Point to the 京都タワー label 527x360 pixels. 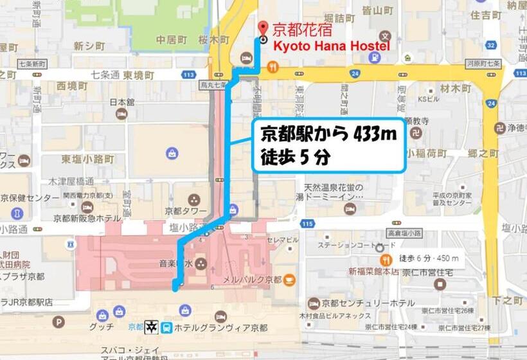tap(186, 211)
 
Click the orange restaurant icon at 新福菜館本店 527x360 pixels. tap(386, 260)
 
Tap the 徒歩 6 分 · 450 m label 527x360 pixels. tap(429, 258)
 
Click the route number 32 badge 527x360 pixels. tap(490, 45)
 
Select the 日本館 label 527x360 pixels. tap(121, 102)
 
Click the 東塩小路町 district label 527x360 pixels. tap(88, 159)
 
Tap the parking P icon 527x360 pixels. tap(58, 321)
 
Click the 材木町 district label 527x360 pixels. tap(456, 87)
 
